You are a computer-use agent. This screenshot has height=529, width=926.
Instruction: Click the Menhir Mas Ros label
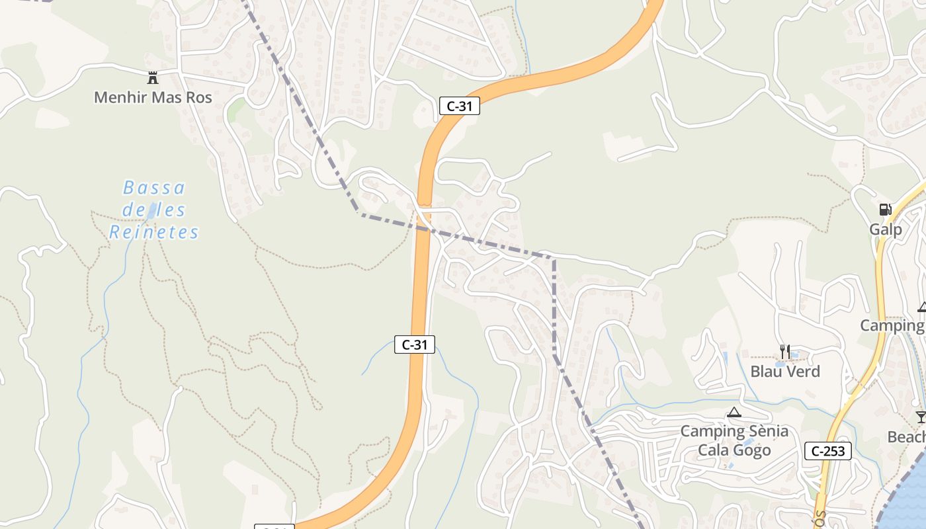tap(153, 97)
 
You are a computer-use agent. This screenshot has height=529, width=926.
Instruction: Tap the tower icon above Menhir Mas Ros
tap(153, 78)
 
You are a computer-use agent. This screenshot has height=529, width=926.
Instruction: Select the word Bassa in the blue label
tap(154, 188)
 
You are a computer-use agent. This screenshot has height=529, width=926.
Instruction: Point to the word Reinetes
tap(154, 232)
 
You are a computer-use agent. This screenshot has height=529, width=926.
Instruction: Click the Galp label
tap(886, 229)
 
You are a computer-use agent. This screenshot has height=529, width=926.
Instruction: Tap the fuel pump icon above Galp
tap(885, 210)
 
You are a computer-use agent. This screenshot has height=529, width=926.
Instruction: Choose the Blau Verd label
tap(785, 371)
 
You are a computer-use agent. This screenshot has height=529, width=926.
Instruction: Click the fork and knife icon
tap(785, 351)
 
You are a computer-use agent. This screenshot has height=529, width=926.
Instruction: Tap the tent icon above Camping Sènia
tap(734, 413)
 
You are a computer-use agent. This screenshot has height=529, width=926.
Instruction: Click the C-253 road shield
tap(827, 451)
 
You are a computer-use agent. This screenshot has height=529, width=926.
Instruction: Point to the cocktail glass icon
tap(920, 417)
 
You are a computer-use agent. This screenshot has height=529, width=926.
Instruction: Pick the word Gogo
tap(751, 450)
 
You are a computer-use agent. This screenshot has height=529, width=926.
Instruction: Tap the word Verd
tap(804, 371)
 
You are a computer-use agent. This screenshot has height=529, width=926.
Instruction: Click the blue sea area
tap(909, 503)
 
